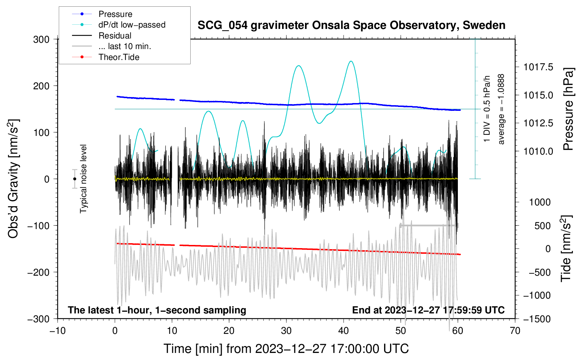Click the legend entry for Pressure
coord(102,14)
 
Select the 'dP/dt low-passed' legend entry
coord(119,25)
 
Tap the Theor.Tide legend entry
coord(106,57)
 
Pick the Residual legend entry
coord(102,36)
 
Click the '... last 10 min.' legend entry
coord(112,46)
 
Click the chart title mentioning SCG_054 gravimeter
coord(351,25)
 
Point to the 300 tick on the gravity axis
coord(41,40)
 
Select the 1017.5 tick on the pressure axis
coord(538,67)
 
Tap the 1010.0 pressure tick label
coord(538,151)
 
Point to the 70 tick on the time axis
coord(515,331)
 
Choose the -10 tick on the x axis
coord(58,331)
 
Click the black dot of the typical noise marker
coord(74,179)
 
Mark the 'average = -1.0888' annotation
coord(501,109)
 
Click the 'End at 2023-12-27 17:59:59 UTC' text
coord(428,310)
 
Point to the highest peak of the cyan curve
coord(351,61)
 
